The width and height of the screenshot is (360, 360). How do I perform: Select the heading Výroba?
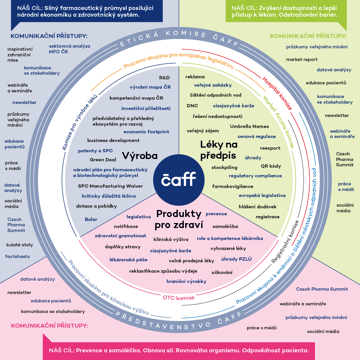click(140, 156)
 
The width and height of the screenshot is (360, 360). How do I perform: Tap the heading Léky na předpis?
click(218, 150)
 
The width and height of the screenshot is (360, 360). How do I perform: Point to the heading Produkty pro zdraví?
click(179, 219)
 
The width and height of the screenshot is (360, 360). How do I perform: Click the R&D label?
click(165, 78)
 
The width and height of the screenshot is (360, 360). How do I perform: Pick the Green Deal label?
click(103, 160)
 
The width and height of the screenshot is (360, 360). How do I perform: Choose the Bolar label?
click(91, 219)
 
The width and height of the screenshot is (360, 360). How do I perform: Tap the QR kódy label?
click(271, 166)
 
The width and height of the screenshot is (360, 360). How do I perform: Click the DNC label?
click(192, 106)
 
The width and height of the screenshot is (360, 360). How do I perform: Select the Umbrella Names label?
click(249, 126)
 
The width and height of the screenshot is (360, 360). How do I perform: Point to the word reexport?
click(270, 148)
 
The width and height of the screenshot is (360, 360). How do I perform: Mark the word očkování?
click(222, 272)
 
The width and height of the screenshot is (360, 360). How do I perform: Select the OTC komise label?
click(179, 298)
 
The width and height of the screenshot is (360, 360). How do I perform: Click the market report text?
click(302, 60)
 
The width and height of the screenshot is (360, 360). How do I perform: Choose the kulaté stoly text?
click(20, 245)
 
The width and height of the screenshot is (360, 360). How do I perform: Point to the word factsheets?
click(17, 256)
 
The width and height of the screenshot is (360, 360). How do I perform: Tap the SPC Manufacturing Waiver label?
click(110, 186)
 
